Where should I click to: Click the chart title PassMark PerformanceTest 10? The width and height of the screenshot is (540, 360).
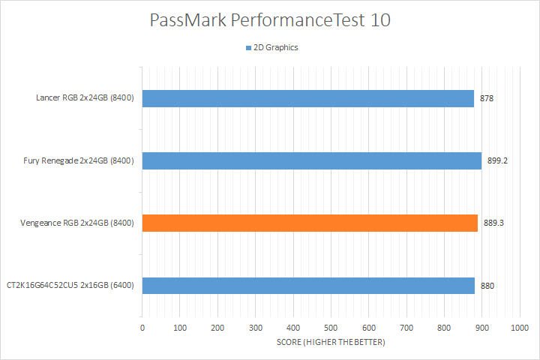click(270, 20)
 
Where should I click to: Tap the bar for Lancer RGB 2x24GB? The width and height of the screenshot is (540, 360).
click(307, 98)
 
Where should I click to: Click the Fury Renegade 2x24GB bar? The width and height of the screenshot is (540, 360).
click(311, 160)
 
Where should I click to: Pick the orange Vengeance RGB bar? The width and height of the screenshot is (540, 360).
click(310, 223)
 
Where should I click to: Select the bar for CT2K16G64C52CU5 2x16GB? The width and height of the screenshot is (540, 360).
click(308, 285)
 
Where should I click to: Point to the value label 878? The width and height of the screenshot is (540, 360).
click(487, 98)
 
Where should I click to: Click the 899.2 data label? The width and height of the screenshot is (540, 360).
click(497, 160)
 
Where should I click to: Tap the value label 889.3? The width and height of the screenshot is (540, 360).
click(493, 223)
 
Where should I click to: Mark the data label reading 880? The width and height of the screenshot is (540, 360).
click(487, 285)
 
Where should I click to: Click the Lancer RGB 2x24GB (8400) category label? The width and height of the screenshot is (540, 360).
click(85, 98)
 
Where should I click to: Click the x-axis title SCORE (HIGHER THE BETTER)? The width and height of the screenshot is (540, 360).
click(331, 343)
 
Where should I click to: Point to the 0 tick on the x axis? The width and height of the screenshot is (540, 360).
click(142, 328)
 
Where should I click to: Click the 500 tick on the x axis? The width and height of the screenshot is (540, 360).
click(331, 328)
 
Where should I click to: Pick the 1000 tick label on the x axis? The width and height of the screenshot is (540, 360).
click(519, 328)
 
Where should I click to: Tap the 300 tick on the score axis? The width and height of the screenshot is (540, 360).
click(256, 328)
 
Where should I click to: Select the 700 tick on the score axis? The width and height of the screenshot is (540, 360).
click(406, 328)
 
